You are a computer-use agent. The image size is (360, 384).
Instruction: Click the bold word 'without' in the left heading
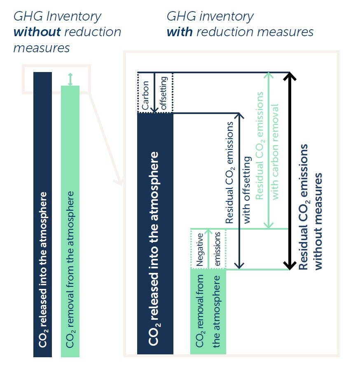coord(37,32)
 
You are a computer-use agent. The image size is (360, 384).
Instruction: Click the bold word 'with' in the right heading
coord(180,32)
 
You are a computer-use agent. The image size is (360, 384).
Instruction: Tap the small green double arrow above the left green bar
coord(70,79)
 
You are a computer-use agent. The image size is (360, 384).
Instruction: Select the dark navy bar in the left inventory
coord(43,214)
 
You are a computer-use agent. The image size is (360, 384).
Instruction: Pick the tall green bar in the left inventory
coord(70,221)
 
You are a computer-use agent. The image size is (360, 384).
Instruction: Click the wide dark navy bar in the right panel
coord(155,234)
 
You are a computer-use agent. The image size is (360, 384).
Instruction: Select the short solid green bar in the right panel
coord(208,312)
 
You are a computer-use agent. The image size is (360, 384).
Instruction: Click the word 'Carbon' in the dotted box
coord(145,95)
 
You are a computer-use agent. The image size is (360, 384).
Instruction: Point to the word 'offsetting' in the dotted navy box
coord(164,93)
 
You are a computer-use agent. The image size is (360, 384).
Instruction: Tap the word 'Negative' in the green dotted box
coord(200,250)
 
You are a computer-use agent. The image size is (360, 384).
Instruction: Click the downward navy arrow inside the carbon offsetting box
coord(154,93)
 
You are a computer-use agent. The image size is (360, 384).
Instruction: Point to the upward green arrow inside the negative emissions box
coord(208,249)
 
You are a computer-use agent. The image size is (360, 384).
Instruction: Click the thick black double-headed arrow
coord(290,171)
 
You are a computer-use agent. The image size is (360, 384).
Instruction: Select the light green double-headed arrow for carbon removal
coord(269,151)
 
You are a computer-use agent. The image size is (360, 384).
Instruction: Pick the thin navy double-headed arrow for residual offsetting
coord(239,191)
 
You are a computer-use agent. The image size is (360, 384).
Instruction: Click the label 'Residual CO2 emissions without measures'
coord(310,207)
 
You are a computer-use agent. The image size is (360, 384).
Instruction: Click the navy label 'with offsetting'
coord(247,190)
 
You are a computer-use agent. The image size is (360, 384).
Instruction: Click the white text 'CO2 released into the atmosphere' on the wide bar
coord(154,249)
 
